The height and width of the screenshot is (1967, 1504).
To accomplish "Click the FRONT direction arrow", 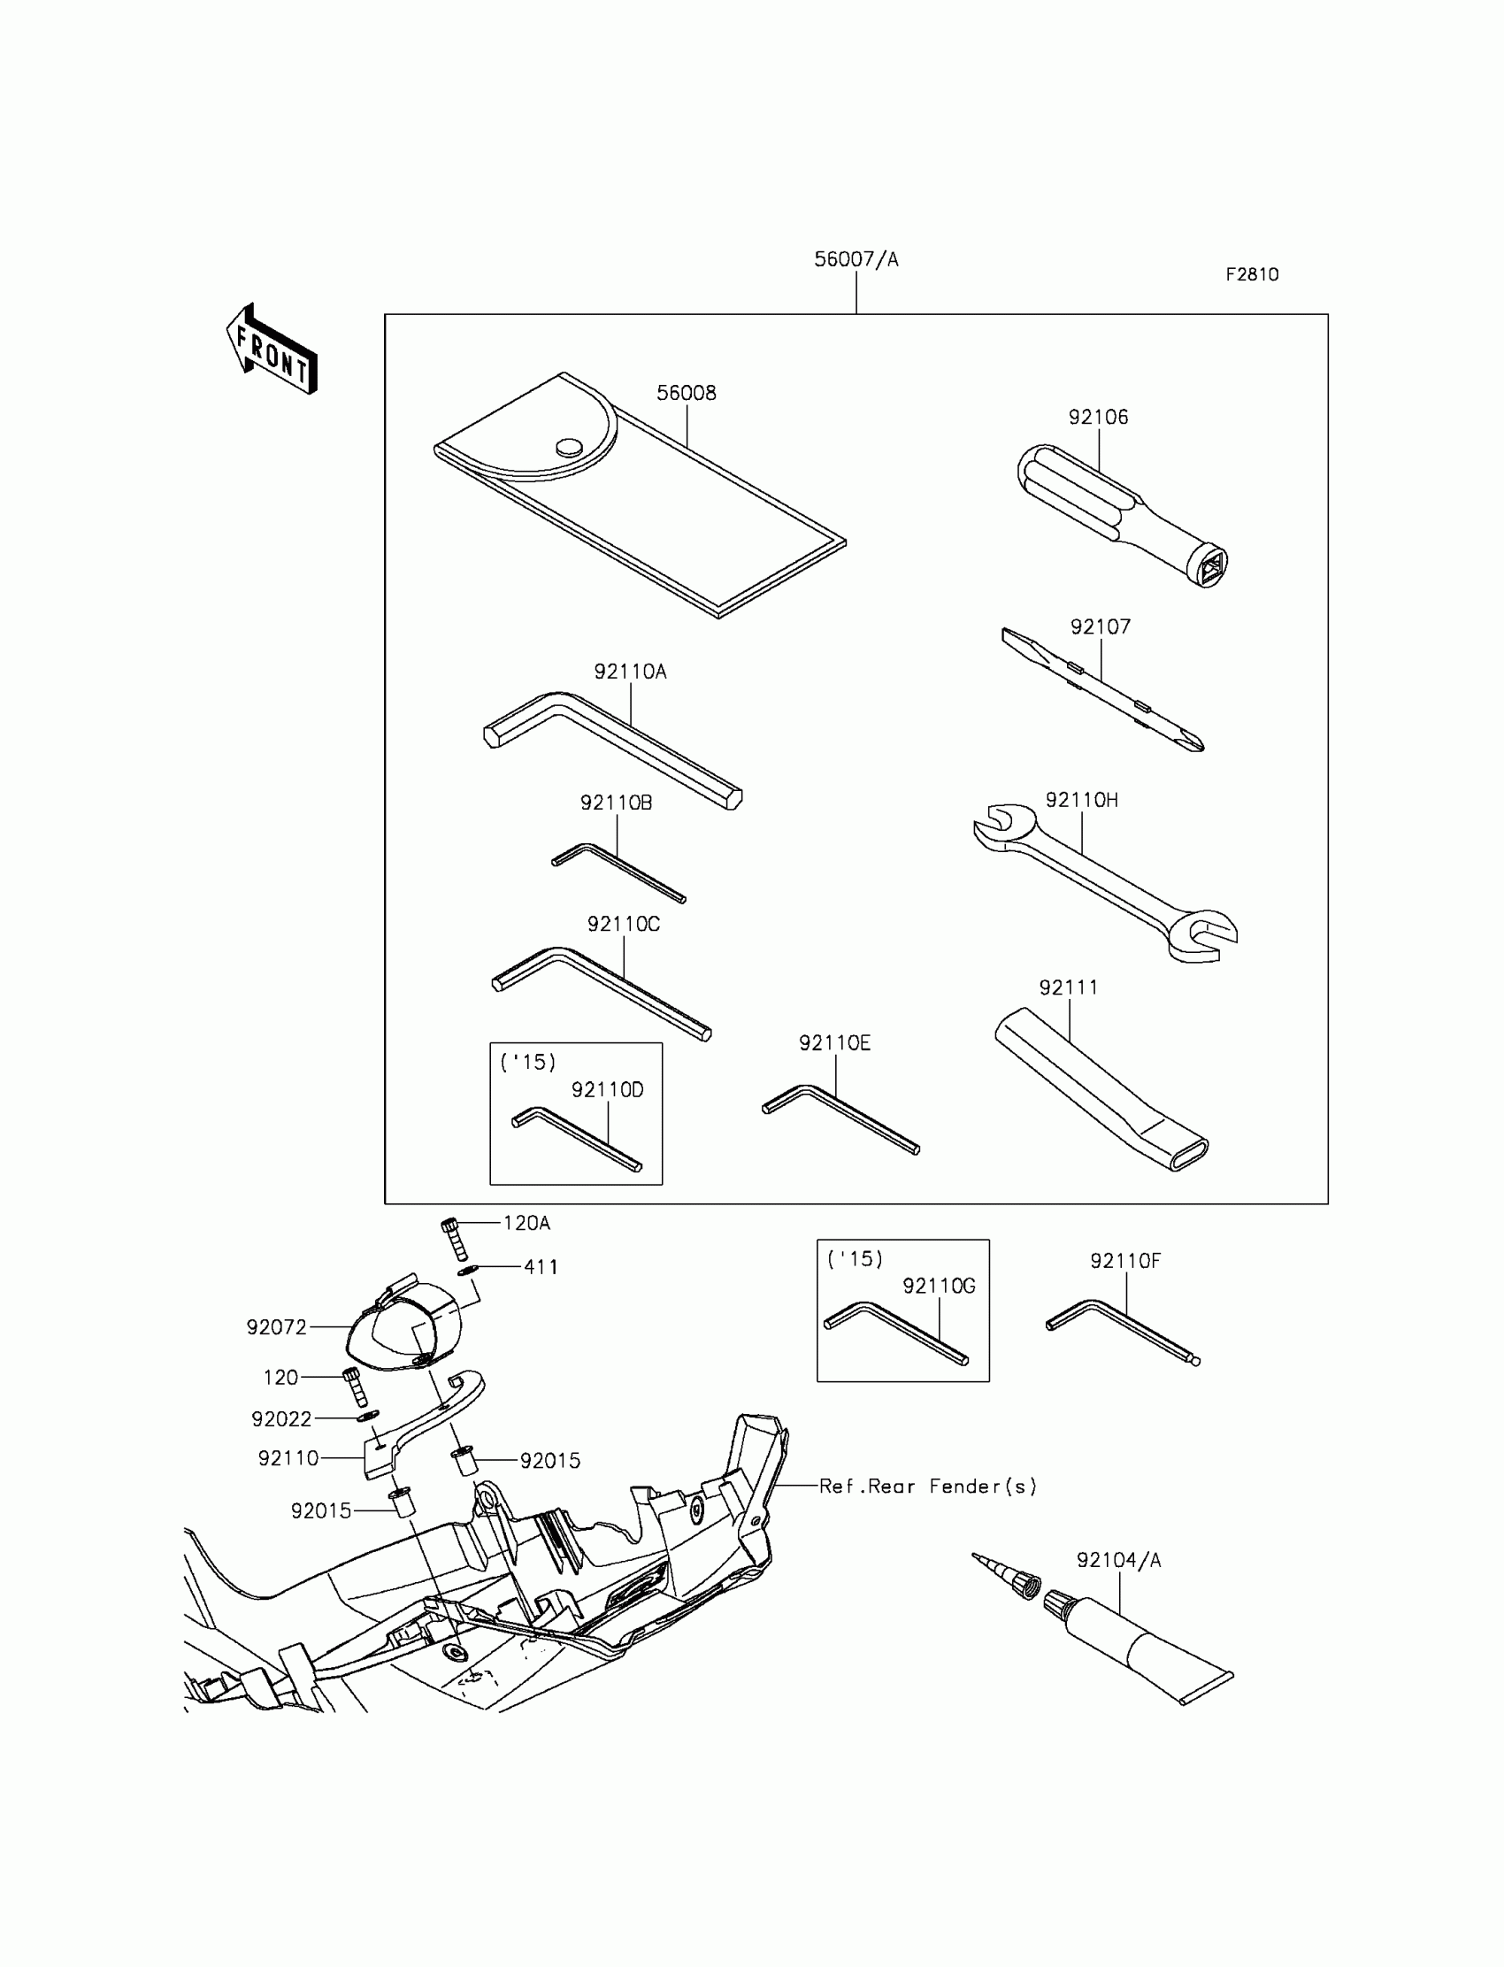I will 272,350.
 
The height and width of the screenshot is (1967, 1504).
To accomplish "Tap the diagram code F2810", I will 1252,275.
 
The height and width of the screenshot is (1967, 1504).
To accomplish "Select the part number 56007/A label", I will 856,259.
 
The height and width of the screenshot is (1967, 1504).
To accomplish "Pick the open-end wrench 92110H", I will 1106,882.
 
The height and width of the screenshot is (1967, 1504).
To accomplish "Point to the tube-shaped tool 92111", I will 1101,1087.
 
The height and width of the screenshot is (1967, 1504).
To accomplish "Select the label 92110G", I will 938,1286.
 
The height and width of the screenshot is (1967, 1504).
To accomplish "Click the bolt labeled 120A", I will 451,1238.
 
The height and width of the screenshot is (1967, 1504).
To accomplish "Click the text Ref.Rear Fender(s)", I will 927,1487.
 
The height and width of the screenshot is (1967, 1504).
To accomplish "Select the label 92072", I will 277,1327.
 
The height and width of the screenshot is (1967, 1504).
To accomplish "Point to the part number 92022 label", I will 281,1419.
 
